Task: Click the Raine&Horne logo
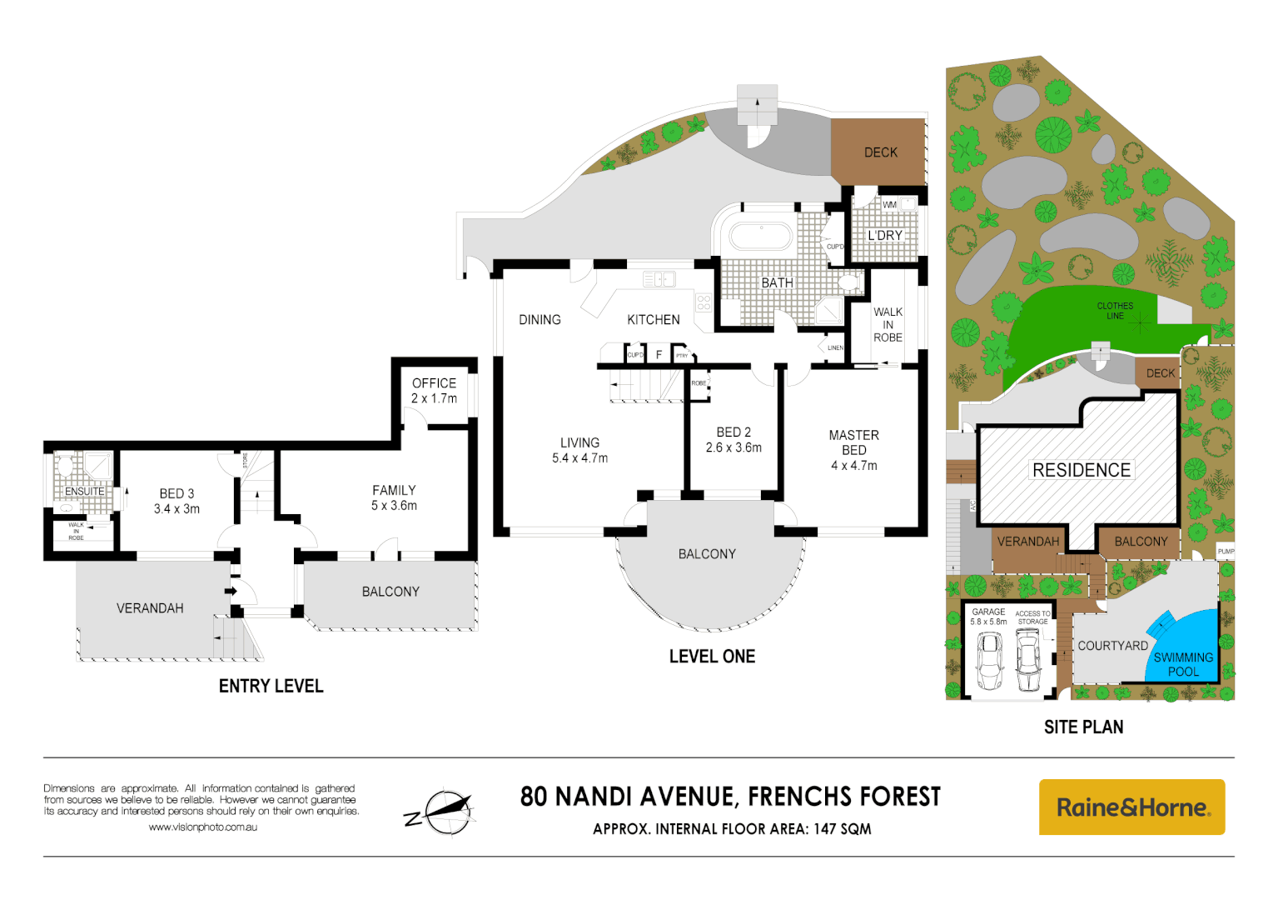pyautogui.click(x=1131, y=807)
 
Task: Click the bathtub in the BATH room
pyautogui.click(x=760, y=236)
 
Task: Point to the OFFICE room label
pyautogui.click(x=434, y=383)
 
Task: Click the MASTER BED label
pyautogui.click(x=853, y=442)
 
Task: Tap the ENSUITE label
pyautogui.click(x=84, y=492)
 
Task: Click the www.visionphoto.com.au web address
pyautogui.click(x=202, y=827)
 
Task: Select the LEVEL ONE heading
pyautogui.click(x=712, y=657)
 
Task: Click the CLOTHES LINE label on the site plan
pyautogui.click(x=1115, y=311)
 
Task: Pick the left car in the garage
pyautogui.click(x=989, y=660)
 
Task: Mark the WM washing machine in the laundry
pyautogui.click(x=889, y=205)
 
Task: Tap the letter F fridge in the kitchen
pyautogui.click(x=659, y=355)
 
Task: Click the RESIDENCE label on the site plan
pyautogui.click(x=1081, y=470)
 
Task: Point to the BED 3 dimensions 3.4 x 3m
pyautogui.click(x=177, y=509)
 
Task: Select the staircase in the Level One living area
pyautogui.click(x=646, y=387)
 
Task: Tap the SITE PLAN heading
pyautogui.click(x=1083, y=727)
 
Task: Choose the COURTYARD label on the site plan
pyautogui.click(x=1112, y=646)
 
